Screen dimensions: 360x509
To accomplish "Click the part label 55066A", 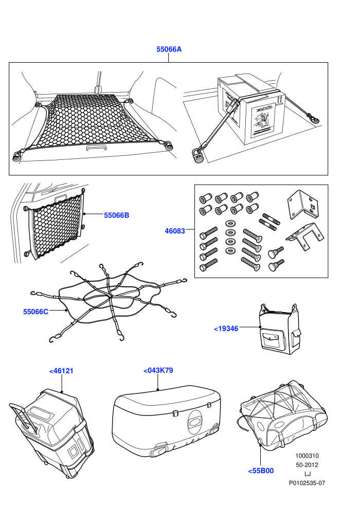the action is [169, 49].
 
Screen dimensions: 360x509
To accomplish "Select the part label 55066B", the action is [117, 215].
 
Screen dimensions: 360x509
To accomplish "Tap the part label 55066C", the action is [35, 312].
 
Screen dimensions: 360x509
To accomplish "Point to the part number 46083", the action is [175, 231].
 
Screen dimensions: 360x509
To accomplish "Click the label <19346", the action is [226, 329].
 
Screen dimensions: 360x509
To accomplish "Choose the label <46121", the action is [61, 371].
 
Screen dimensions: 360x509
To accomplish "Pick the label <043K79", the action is [158, 370].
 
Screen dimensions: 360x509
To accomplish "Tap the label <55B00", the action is [261, 470].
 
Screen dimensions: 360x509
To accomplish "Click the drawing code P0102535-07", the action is [307, 483].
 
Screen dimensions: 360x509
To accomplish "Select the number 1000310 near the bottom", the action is [307, 456].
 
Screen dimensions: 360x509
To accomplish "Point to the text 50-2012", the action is [307, 465].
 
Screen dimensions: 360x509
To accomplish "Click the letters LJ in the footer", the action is [307, 474].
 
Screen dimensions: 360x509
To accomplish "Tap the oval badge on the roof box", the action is [194, 422].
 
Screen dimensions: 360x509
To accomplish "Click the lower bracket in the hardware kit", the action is [305, 237].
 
